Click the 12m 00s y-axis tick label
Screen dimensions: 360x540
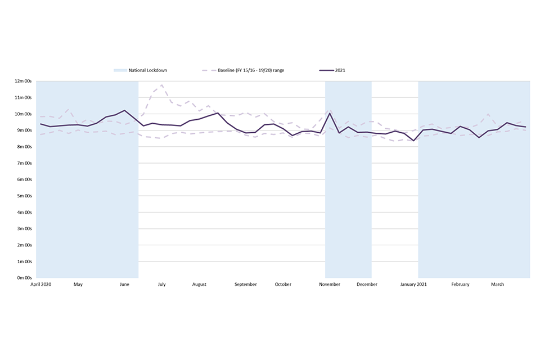pyautogui.click(x=24, y=81)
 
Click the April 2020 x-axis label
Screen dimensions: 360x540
pyautogui.click(x=40, y=285)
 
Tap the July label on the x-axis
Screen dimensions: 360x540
pyautogui.click(x=161, y=285)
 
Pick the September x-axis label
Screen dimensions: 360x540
pyautogui.click(x=245, y=285)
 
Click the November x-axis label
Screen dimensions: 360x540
pyautogui.click(x=330, y=285)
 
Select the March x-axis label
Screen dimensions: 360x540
pyautogui.click(x=497, y=285)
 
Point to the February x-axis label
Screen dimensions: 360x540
pyautogui.click(x=460, y=285)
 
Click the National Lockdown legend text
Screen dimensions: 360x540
pyautogui.click(x=148, y=70)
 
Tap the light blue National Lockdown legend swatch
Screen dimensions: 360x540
pyautogui.click(x=120, y=70)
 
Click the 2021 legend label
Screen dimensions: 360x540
pyautogui.click(x=340, y=70)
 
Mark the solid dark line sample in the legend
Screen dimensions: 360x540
pyautogui.click(x=326, y=70)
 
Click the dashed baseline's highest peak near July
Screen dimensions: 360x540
pyautogui.click(x=161, y=85)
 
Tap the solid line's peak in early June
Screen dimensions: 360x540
pyautogui.click(x=124, y=110)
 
